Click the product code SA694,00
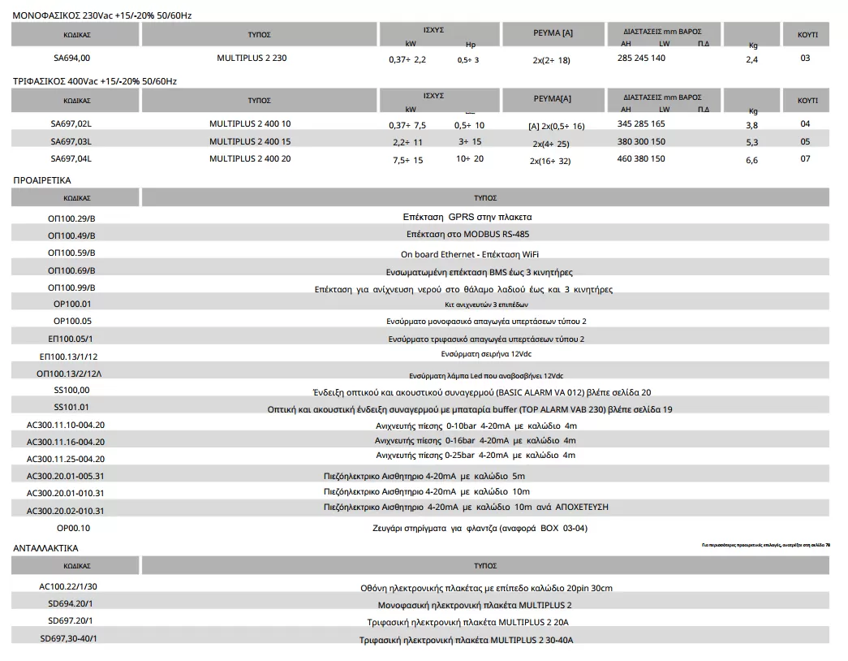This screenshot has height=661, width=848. pos(71,58)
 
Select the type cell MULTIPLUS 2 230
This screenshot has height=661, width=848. pos(252,58)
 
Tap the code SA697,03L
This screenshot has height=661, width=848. pos(71,141)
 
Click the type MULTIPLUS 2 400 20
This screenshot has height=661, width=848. pos(250,158)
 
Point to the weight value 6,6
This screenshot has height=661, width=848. pos(751,160)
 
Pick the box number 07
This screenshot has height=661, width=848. pos(805,158)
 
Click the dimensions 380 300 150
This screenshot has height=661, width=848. pos(641,141)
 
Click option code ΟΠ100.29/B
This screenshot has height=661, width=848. pos(71,218)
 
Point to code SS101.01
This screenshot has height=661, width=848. pos(71,407)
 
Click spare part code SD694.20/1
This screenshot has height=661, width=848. pos(71,603)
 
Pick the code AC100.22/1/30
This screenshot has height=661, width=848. pos(68,586)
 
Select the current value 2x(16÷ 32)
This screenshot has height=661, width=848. pos(550,161)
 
